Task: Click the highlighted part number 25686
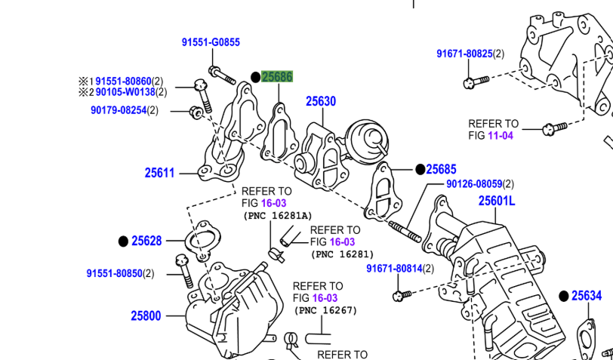click(x=277, y=77)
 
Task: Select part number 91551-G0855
click(x=211, y=42)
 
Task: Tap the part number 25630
click(x=321, y=101)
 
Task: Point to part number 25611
click(x=159, y=173)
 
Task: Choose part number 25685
click(x=442, y=170)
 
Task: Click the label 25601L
click(x=496, y=201)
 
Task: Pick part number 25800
click(x=146, y=316)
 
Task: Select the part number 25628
click(x=146, y=241)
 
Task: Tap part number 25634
click(x=587, y=296)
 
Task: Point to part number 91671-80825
click(x=464, y=54)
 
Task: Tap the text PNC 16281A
click(x=278, y=216)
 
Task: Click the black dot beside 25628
click(x=123, y=242)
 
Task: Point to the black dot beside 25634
click(x=563, y=296)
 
